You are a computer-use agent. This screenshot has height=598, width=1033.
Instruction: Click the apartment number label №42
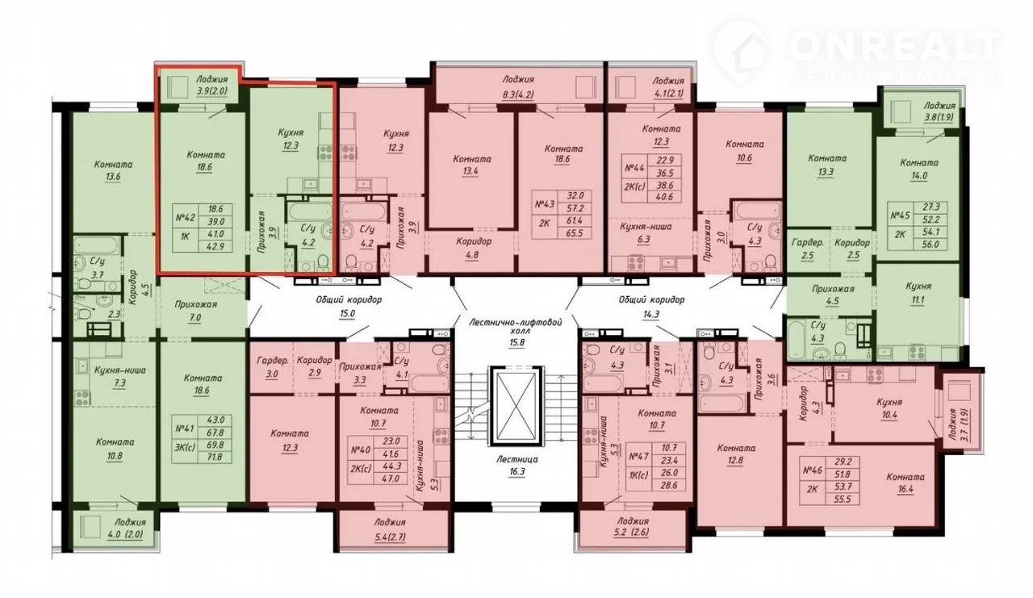coord(186,217)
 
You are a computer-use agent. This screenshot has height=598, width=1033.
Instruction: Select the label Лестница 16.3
coord(517,465)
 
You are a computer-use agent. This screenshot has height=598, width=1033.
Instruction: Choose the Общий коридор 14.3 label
coord(651,306)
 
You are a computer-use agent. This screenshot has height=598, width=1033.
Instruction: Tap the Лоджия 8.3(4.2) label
coord(518,86)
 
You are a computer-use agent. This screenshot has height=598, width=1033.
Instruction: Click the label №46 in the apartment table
coord(813,470)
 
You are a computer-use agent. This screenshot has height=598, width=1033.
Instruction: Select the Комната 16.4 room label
coord(905,483)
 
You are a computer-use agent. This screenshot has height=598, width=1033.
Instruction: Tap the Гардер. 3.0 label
coord(272,367)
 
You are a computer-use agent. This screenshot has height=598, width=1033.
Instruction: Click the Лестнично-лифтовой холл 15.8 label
coord(516,332)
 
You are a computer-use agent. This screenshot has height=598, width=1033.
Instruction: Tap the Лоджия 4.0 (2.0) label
coord(130,529)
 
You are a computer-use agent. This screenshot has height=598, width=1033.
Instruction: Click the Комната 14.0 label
coord(919,169)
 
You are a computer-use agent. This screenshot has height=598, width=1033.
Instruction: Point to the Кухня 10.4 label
coord(889,408)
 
